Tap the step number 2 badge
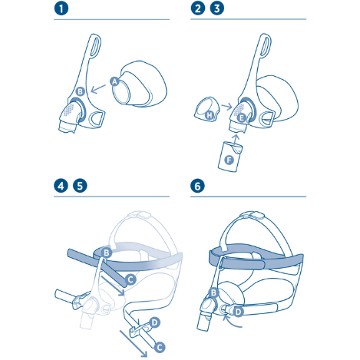(199, 9)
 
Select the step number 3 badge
(217, 9)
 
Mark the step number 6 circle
(199, 187)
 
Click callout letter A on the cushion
(114, 81)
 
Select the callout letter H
(210, 116)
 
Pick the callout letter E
(241, 118)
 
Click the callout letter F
(229, 160)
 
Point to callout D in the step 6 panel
(239, 312)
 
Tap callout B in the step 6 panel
(213, 292)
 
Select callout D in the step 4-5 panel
(154, 322)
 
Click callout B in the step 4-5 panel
(107, 252)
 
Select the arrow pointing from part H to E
(226, 107)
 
